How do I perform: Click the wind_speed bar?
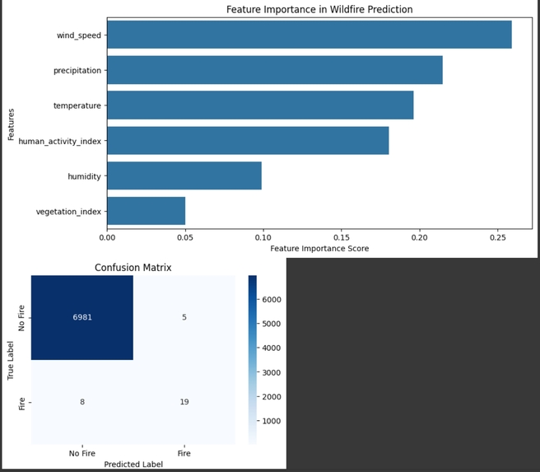pos(309,35)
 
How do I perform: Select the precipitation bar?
pos(274,70)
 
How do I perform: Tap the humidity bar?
pos(184,175)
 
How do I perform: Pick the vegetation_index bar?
pos(146,211)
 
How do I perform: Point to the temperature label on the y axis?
pos(77,105)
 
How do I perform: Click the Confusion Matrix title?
pos(133,268)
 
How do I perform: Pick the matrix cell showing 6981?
pos(82,317)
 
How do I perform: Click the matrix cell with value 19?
pos(184,402)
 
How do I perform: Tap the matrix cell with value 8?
pos(82,402)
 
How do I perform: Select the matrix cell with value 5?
pos(184,317)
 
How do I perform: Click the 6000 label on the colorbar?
pos(273,299)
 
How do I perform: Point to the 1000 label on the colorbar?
pos(273,420)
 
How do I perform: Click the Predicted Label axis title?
pos(133,465)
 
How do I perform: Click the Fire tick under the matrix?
pos(184,453)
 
